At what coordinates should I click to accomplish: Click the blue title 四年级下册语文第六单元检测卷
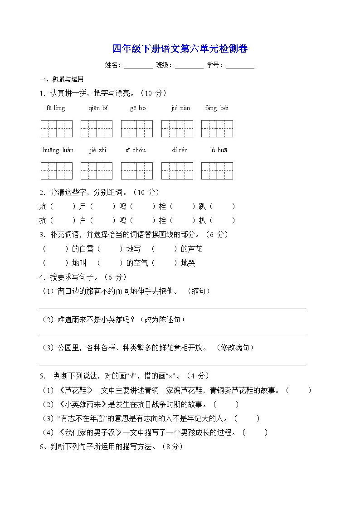tap(180, 49)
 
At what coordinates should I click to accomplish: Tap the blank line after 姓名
tap(138, 66)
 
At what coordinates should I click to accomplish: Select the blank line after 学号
tap(240, 66)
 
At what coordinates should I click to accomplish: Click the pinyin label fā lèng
tap(56, 108)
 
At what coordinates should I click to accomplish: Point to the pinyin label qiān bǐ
tap(98, 108)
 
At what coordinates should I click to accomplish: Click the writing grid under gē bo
tap(136, 129)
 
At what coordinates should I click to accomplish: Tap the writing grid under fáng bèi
tap(217, 129)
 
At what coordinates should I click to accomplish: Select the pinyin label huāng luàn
tap(58, 150)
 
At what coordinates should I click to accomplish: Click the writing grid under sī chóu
tap(136, 171)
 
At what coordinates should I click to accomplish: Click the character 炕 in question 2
tap(44, 207)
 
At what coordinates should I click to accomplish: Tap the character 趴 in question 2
tap(202, 207)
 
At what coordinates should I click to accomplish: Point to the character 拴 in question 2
tap(162, 221)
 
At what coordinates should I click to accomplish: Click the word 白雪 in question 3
tap(86, 249)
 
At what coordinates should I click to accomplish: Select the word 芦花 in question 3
tap(195, 249)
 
